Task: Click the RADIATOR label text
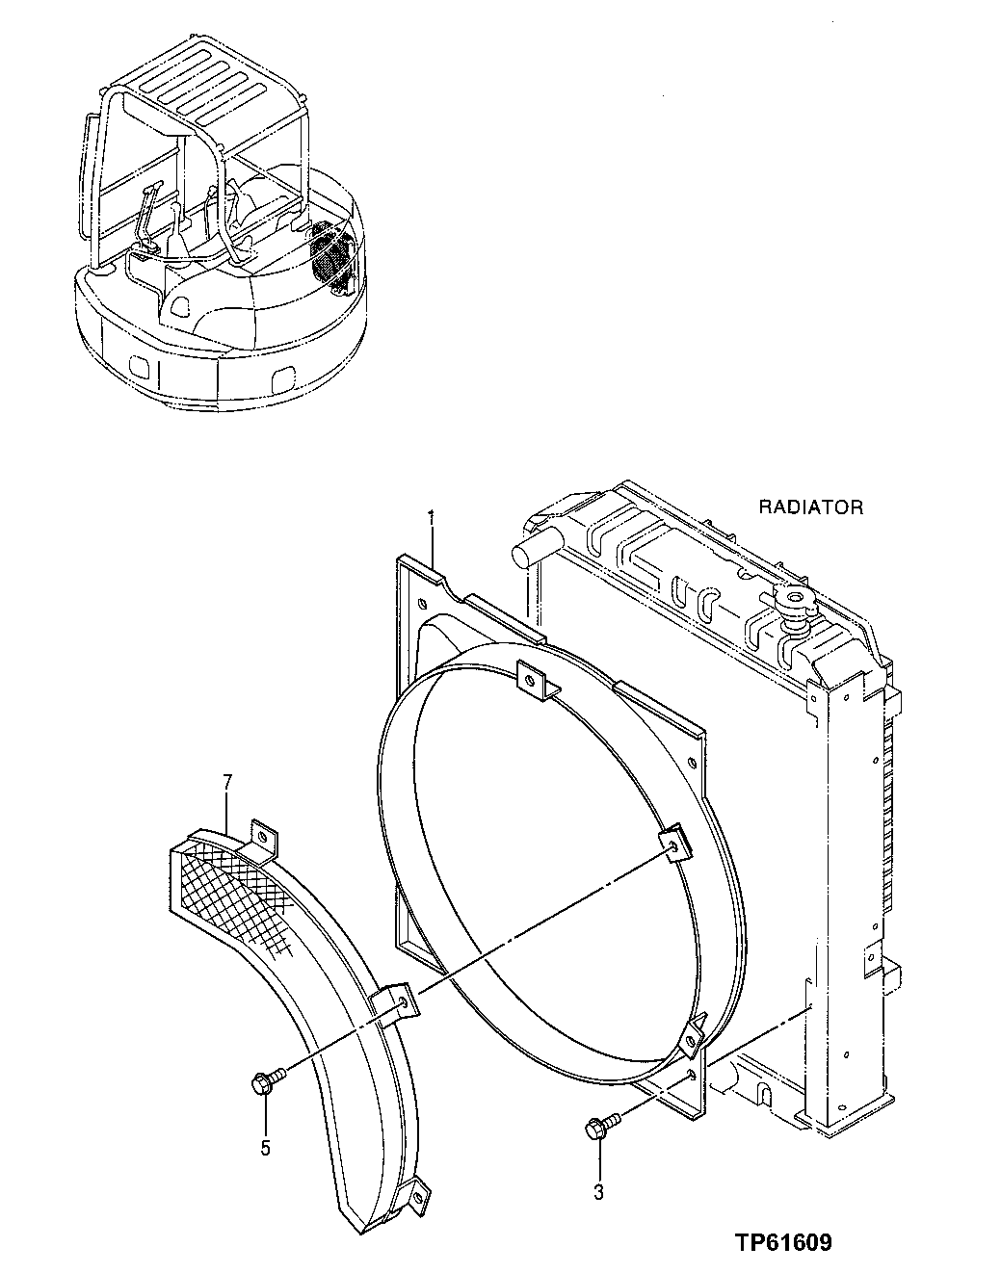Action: (810, 507)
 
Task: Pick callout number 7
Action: (227, 781)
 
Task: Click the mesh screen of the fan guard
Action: (236, 886)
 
